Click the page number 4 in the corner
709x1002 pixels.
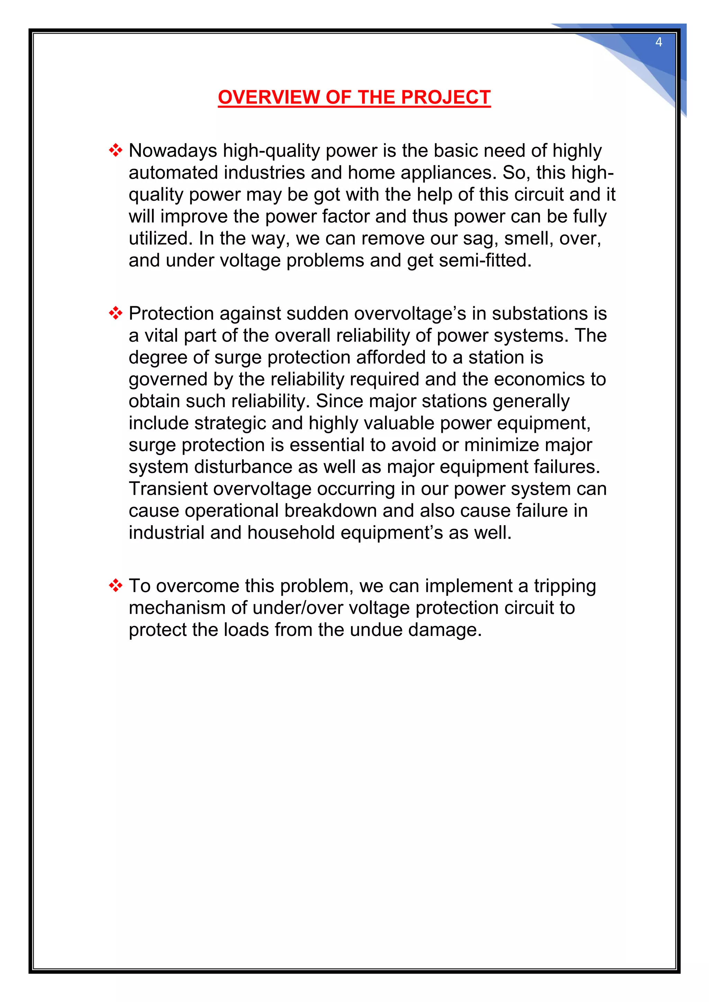(658, 42)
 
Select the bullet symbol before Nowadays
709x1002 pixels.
(116, 151)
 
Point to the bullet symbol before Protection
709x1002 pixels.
(116, 313)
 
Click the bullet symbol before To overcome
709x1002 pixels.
(116, 586)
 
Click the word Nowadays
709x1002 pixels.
(173, 151)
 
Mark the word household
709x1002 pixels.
(291, 533)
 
